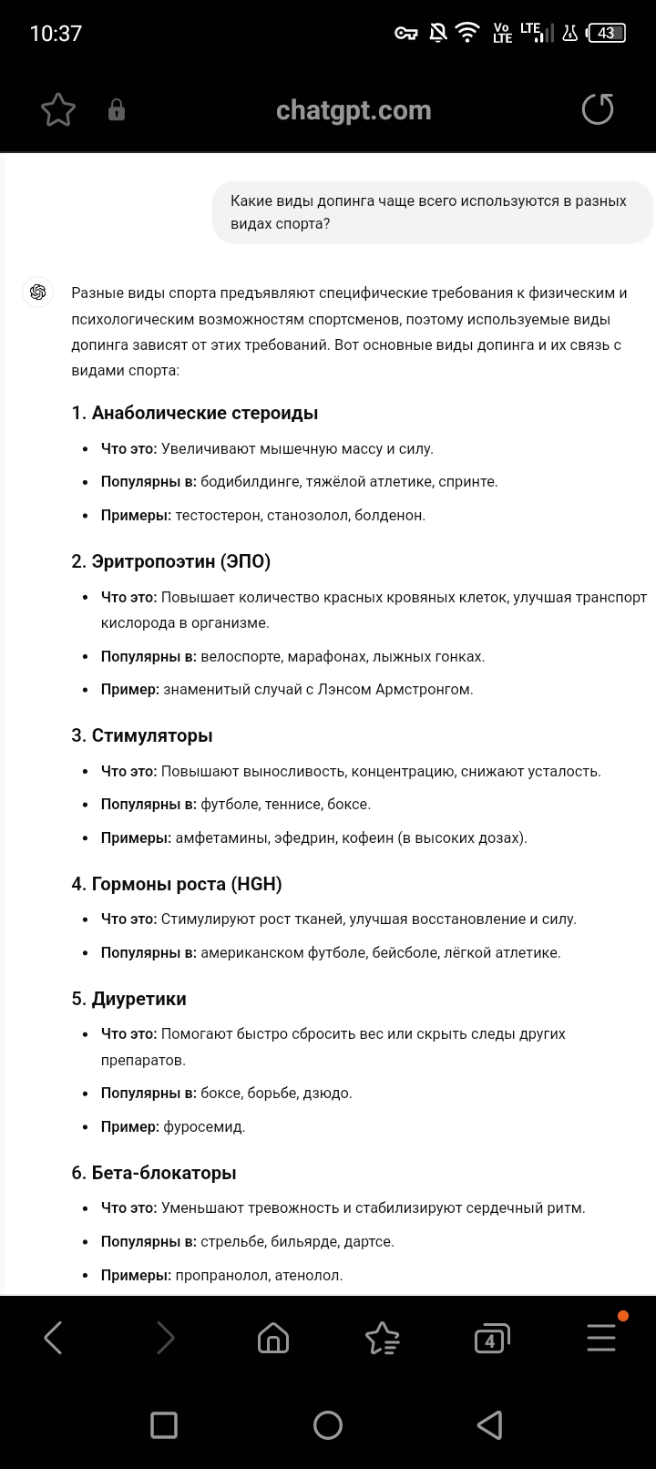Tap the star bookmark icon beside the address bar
58,110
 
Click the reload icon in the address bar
598,110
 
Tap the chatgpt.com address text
354,110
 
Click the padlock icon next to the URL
117,110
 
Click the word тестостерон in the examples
219,515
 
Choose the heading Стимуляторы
152,735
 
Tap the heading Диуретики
138,999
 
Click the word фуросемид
204,1126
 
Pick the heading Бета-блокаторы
164,1173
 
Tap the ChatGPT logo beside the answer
38,293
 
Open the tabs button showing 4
491,1339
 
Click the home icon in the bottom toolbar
273,1339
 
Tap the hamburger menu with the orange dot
601,1337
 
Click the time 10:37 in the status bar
56,34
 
